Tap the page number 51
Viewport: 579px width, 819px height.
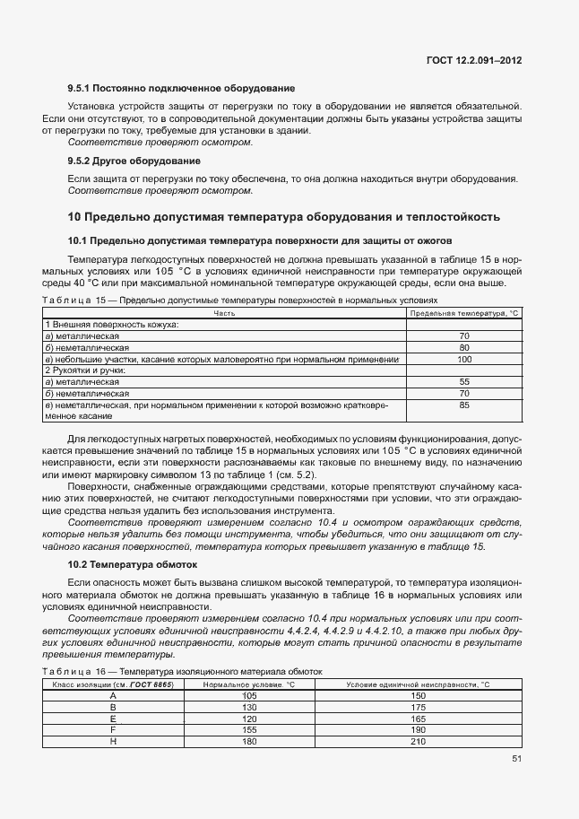[x=516, y=758]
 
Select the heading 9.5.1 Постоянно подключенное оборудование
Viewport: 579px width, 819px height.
[x=181, y=89]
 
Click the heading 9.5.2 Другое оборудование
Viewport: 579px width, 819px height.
[x=134, y=161]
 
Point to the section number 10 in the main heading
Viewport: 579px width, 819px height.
[x=74, y=217]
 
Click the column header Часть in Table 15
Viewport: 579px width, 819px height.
[x=224, y=313]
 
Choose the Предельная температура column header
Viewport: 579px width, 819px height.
[x=463, y=313]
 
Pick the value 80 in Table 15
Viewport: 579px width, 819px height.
[x=463, y=346]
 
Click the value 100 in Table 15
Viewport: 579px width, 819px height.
[x=463, y=359]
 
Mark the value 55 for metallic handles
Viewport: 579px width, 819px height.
[x=463, y=381]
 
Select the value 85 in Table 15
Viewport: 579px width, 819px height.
[x=463, y=405]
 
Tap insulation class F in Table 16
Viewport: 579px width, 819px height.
[x=113, y=730]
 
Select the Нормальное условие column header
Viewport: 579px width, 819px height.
[x=236, y=684]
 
